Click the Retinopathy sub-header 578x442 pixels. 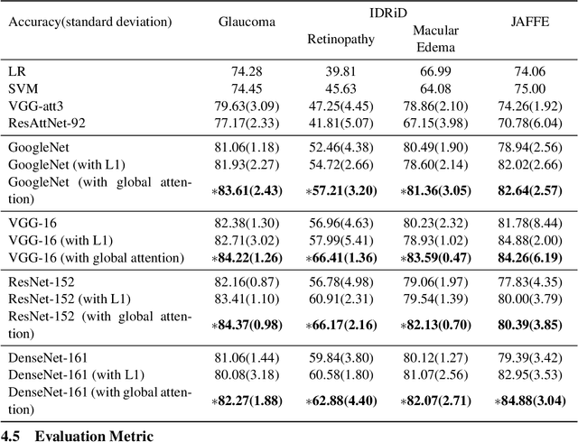point(336,39)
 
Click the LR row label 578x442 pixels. point(17,70)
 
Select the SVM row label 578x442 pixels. point(23,87)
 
